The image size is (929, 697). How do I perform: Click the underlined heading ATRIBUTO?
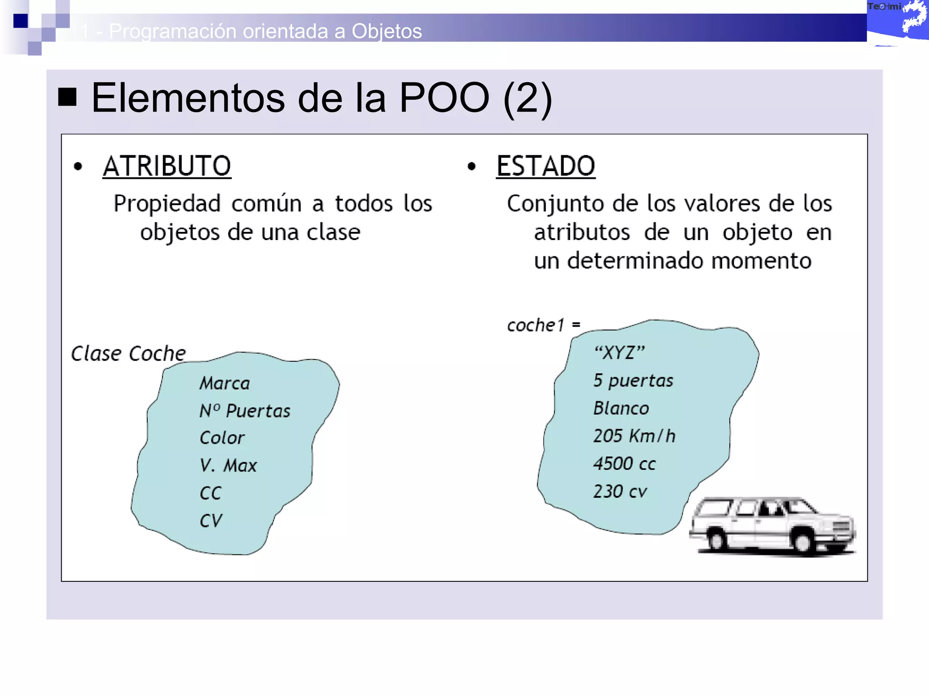tap(166, 166)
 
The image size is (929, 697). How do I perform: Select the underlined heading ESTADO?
tap(545, 166)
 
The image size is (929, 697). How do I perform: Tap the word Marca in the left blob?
tap(225, 383)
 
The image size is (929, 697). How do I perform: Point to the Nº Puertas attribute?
tap(245, 411)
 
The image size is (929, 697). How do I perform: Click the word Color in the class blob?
tap(222, 438)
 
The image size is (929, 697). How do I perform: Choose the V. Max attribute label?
tap(228, 466)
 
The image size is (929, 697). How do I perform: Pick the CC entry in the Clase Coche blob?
tap(210, 493)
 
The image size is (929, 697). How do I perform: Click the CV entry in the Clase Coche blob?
tap(211, 521)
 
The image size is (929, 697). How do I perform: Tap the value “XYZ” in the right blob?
tap(620, 353)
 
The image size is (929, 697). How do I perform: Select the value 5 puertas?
tap(633, 380)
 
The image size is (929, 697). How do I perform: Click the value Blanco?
tap(621, 408)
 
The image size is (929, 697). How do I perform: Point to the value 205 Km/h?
tap(634, 436)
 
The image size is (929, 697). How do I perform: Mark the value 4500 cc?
tap(624, 464)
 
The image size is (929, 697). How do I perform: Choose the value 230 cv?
tap(620, 491)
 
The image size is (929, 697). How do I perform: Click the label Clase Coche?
tap(128, 353)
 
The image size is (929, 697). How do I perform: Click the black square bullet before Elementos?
tap(67, 97)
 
